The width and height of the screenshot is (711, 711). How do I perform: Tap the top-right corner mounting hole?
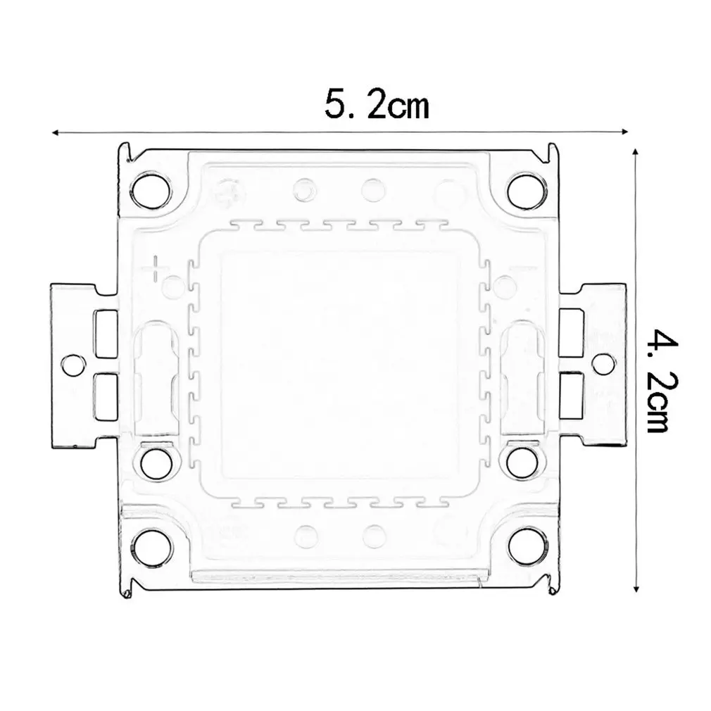pos(526,189)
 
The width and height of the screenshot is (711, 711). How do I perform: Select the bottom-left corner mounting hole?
pos(150,546)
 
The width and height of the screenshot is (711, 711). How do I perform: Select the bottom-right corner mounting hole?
pos(526,546)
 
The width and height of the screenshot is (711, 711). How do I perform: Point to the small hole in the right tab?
pos(602,362)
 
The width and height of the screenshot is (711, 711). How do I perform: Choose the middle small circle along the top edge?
pos(372,189)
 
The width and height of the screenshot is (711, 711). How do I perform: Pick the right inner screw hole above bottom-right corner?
pos(520,463)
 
